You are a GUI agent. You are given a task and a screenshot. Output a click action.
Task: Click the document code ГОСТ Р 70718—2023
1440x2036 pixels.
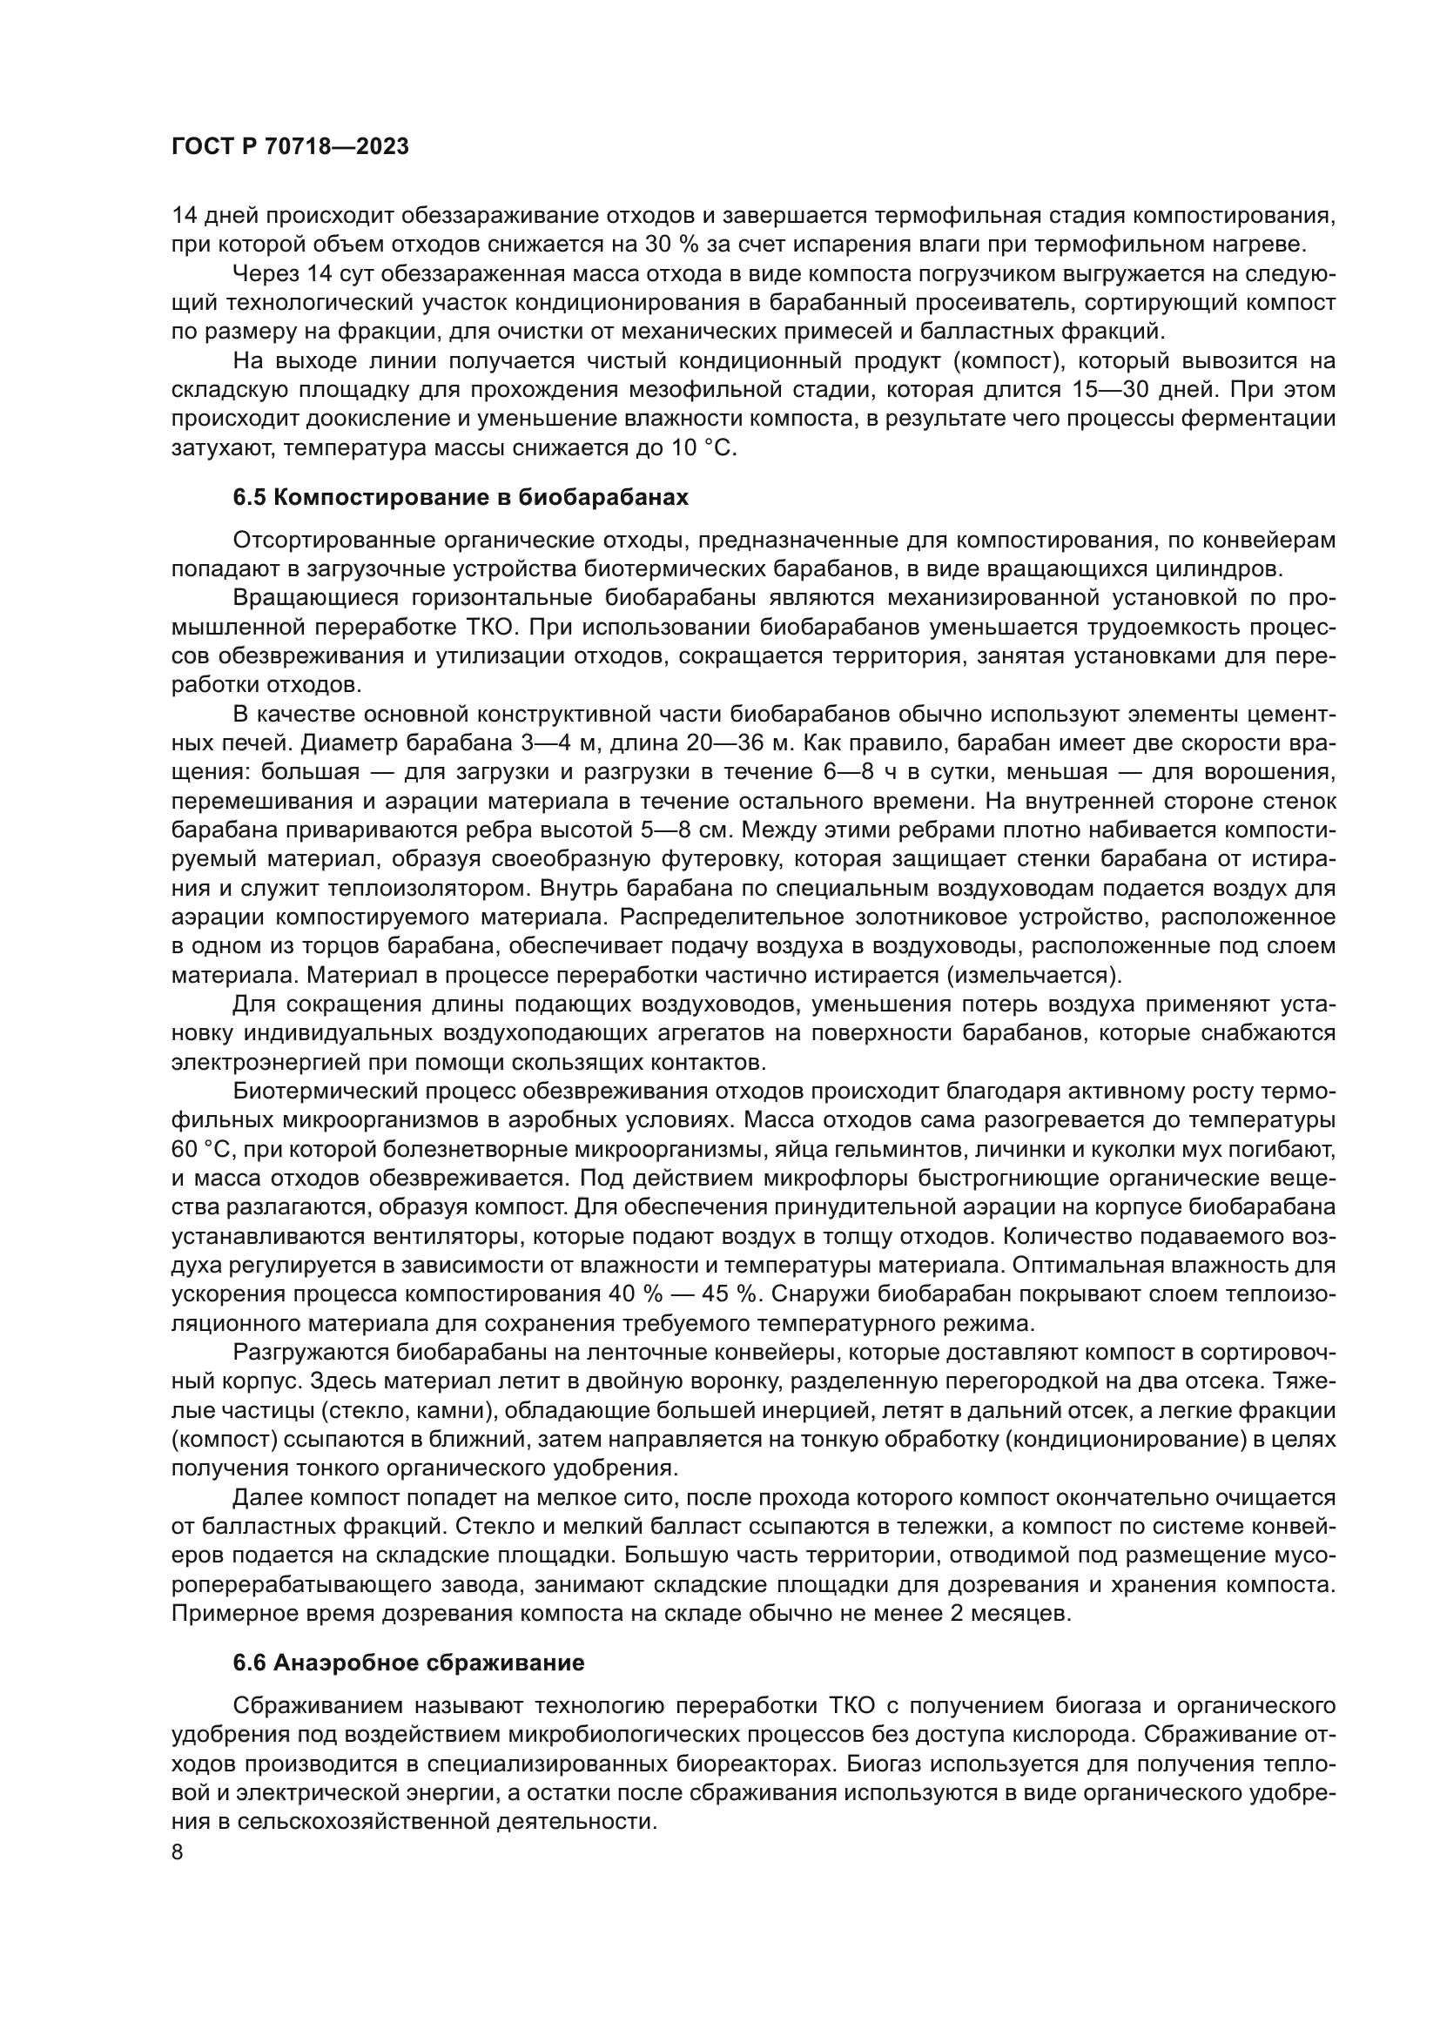[290, 147]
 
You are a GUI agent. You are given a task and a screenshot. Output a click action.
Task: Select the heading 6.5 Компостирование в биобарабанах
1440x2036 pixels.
[461, 498]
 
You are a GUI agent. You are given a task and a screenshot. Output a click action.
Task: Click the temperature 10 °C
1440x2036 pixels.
[704, 448]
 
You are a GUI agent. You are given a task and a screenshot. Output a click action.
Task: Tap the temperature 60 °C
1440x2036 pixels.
[199, 1150]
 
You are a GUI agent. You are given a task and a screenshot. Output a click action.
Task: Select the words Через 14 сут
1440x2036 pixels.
[293, 274]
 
